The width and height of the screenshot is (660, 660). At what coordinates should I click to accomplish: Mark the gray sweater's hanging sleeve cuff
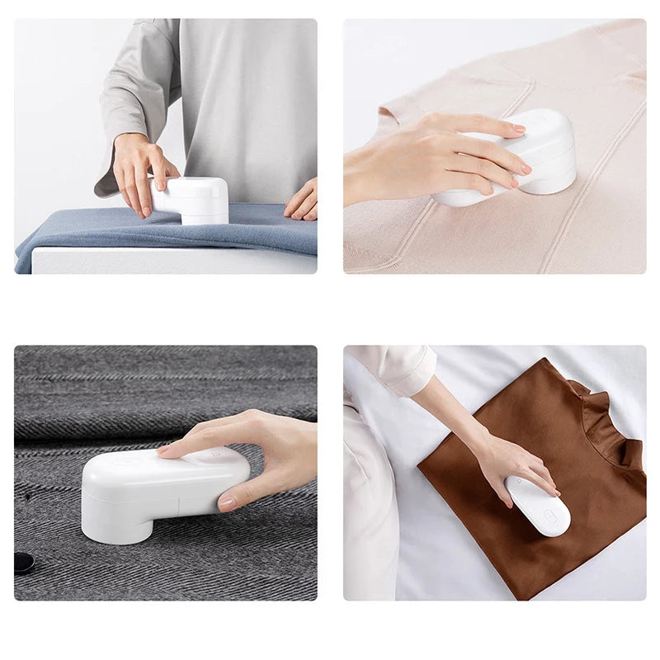pyautogui.click(x=106, y=186)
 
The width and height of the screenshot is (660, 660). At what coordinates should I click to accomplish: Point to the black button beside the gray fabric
pyautogui.click(x=23, y=563)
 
